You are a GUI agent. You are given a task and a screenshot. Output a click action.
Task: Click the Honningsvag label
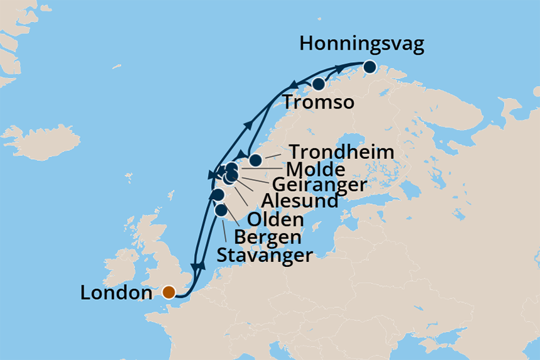362,45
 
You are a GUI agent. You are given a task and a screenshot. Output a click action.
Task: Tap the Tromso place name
319,102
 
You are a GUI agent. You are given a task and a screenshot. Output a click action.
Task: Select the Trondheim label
342,153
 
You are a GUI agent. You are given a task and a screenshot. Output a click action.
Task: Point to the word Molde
315,170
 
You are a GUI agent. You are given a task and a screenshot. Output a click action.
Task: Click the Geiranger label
319,186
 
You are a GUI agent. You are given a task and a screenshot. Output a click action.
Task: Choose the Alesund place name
300,202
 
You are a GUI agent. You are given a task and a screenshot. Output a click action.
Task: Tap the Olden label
275,220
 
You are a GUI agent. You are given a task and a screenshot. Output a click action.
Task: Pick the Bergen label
267,237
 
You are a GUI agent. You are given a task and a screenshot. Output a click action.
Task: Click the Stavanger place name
264,256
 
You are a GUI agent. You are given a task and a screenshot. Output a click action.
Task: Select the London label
117,293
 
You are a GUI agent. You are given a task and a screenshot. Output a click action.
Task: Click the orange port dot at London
168,292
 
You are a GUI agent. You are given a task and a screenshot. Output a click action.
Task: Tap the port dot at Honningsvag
369,67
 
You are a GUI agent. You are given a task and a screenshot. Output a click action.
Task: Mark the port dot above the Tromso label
319,84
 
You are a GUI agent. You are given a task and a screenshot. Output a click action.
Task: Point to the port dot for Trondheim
255,160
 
